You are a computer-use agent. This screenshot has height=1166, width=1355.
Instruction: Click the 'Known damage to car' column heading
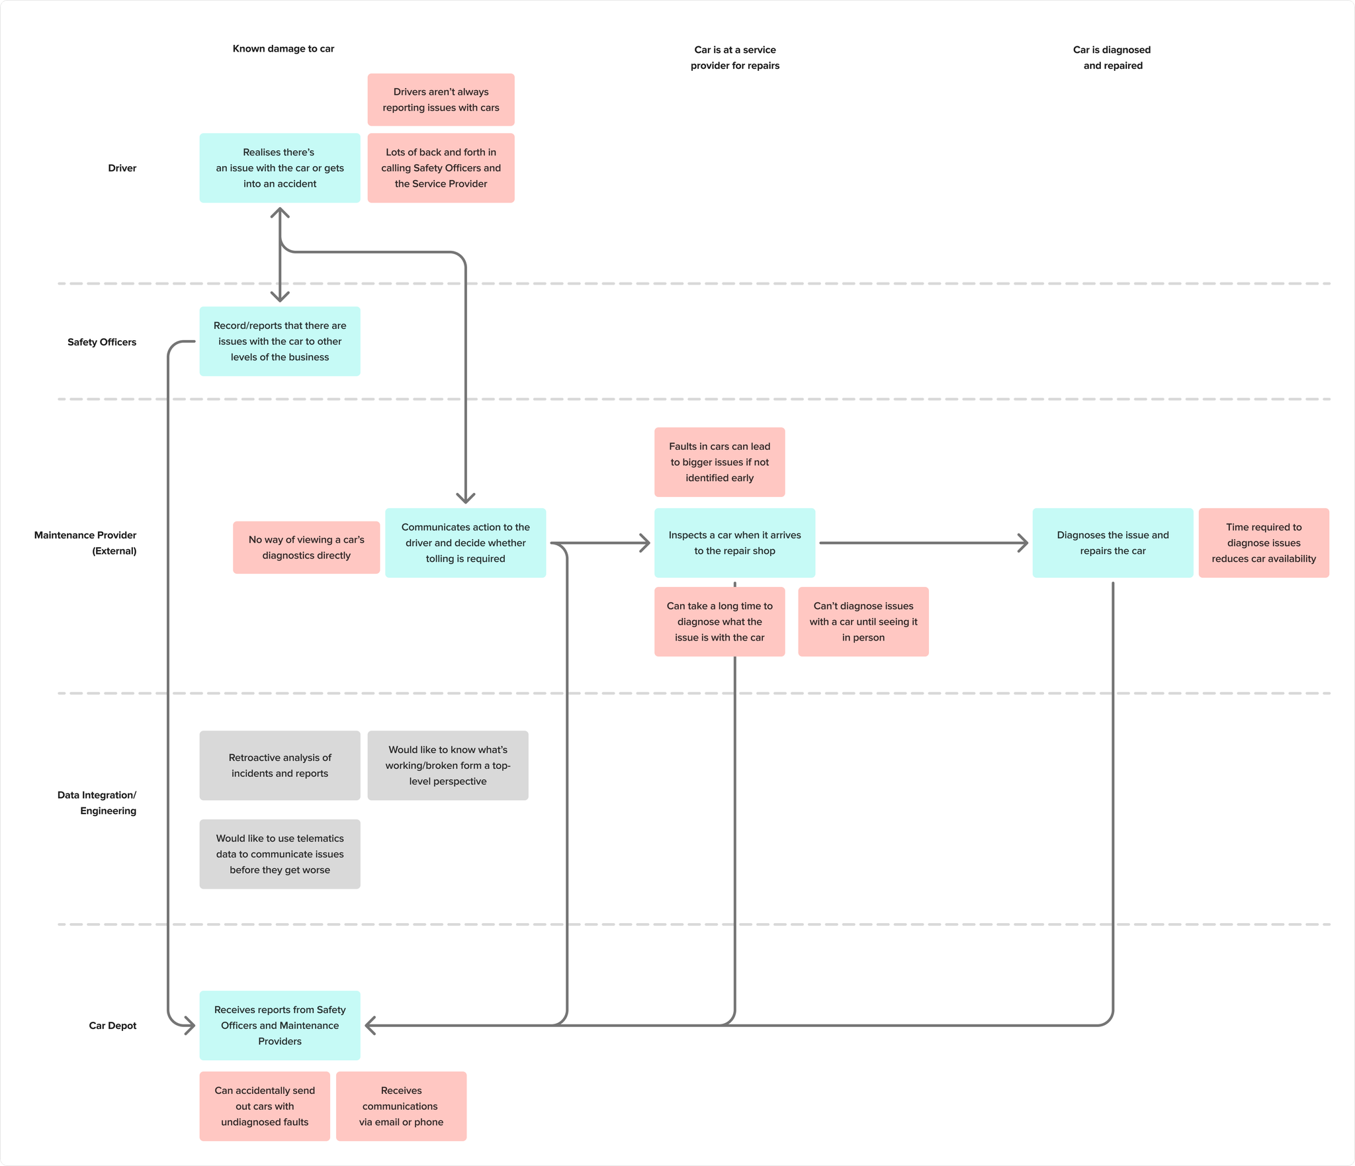coord(283,49)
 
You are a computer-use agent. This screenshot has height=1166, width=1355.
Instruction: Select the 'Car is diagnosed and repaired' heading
coord(1112,58)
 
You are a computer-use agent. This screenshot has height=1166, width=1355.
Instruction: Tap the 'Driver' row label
coord(122,168)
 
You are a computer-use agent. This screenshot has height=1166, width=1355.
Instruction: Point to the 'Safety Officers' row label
coord(102,342)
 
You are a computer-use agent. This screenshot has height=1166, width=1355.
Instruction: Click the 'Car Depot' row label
coord(112,1026)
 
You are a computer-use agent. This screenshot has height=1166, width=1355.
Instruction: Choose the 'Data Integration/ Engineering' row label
coord(97,803)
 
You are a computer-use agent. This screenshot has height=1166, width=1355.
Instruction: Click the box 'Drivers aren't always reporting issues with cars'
coord(441,100)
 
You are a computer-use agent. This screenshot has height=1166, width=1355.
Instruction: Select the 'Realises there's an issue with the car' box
coord(280,168)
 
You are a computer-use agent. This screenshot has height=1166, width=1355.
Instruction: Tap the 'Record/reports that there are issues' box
coord(280,341)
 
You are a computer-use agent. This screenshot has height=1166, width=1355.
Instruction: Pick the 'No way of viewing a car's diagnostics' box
coord(306,547)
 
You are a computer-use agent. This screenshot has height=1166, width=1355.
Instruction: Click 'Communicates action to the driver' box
coord(466,543)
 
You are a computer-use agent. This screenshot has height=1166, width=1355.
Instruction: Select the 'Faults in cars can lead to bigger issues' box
coord(720,462)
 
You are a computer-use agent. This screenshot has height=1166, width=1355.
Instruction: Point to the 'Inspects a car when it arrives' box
coord(734,543)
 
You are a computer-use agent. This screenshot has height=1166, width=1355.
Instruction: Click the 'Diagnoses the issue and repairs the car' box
coord(1113,543)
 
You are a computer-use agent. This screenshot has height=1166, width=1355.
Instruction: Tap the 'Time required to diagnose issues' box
coord(1264,543)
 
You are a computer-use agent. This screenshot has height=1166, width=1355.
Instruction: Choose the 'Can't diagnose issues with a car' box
coord(863,621)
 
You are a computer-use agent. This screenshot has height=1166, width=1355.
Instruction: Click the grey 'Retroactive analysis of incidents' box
coord(280,766)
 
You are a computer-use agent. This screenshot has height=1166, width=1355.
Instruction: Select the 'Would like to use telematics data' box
coord(280,854)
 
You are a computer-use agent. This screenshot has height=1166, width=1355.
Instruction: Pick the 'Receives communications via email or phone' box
coord(401,1106)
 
